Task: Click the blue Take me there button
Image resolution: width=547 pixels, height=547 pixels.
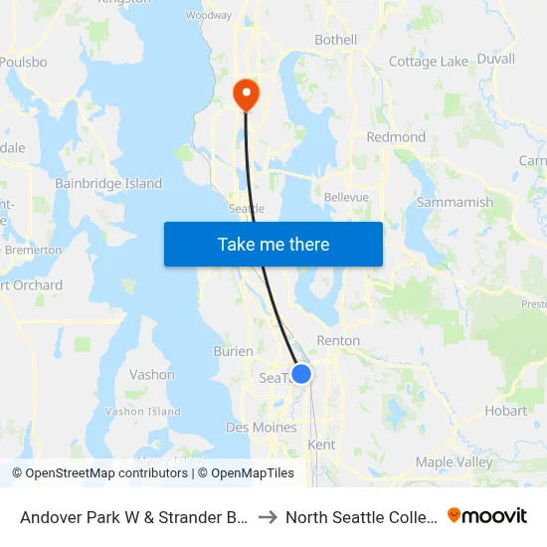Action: tap(273, 244)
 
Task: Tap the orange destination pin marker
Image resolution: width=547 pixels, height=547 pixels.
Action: tap(245, 94)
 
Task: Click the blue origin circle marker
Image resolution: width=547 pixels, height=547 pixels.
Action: tap(301, 373)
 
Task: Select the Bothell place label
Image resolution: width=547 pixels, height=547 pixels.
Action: tap(335, 40)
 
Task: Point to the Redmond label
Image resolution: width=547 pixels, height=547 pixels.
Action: tap(396, 137)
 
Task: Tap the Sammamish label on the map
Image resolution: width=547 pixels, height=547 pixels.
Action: tap(455, 202)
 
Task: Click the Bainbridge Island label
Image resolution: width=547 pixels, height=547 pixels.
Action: tap(108, 183)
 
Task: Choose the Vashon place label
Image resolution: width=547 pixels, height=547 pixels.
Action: tap(152, 375)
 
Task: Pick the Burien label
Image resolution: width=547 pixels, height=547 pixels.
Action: tap(234, 351)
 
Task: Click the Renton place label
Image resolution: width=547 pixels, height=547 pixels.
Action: tap(338, 340)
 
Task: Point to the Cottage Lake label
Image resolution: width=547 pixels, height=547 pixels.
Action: tap(428, 62)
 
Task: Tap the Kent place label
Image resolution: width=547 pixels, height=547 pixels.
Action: tap(322, 445)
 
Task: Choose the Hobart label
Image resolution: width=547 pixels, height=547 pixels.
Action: tap(506, 410)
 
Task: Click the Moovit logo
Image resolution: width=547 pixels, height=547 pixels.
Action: tap(487, 515)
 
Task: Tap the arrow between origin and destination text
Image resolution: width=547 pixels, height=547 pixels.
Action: tap(268, 517)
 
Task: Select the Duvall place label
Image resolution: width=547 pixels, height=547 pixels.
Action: tap(495, 59)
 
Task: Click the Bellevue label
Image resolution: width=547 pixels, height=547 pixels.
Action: tap(346, 197)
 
